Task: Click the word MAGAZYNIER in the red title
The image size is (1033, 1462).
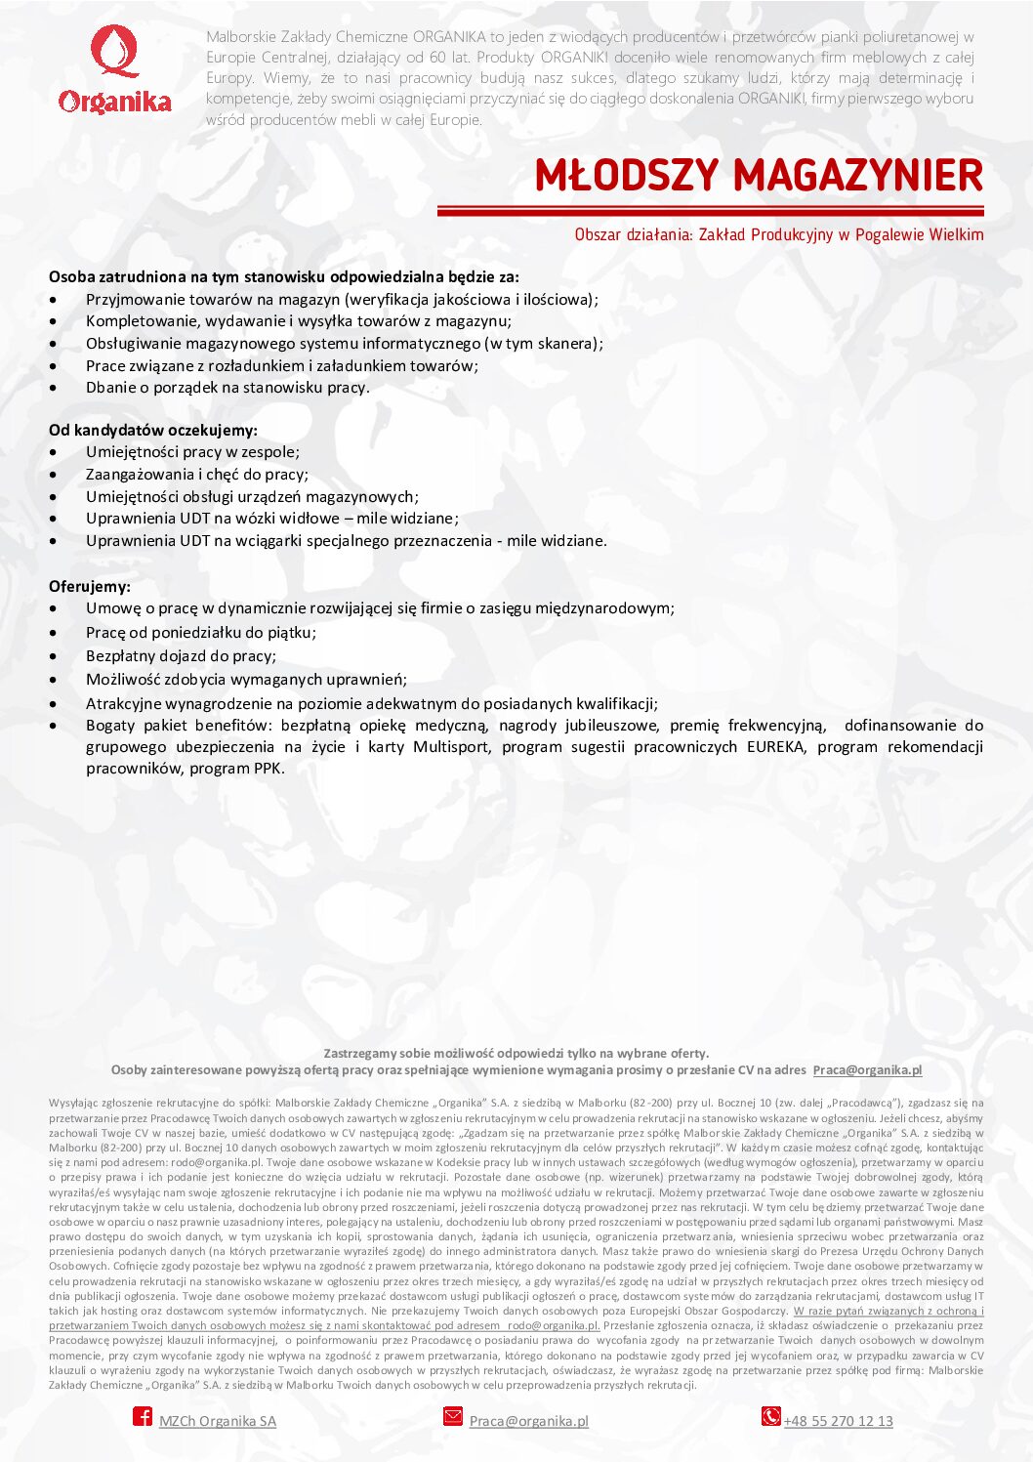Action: coord(858,176)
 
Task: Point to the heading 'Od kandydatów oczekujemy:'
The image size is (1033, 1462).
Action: coord(153,430)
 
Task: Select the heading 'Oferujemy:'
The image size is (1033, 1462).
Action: coord(90,586)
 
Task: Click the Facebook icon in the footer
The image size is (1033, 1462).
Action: coord(143,1416)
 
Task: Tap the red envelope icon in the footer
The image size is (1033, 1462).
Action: coord(453,1416)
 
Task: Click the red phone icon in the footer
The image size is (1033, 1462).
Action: coord(771,1416)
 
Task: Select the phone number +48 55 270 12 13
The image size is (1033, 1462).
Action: coord(839,1421)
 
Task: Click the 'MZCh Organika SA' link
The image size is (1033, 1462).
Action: coord(218,1421)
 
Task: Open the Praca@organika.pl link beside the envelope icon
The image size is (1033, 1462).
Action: coord(529,1421)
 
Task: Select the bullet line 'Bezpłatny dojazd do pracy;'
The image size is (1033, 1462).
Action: coord(181,656)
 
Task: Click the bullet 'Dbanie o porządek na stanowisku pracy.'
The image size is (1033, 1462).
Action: coord(227,388)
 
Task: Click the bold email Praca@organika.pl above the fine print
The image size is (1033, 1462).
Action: coord(867,1069)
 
